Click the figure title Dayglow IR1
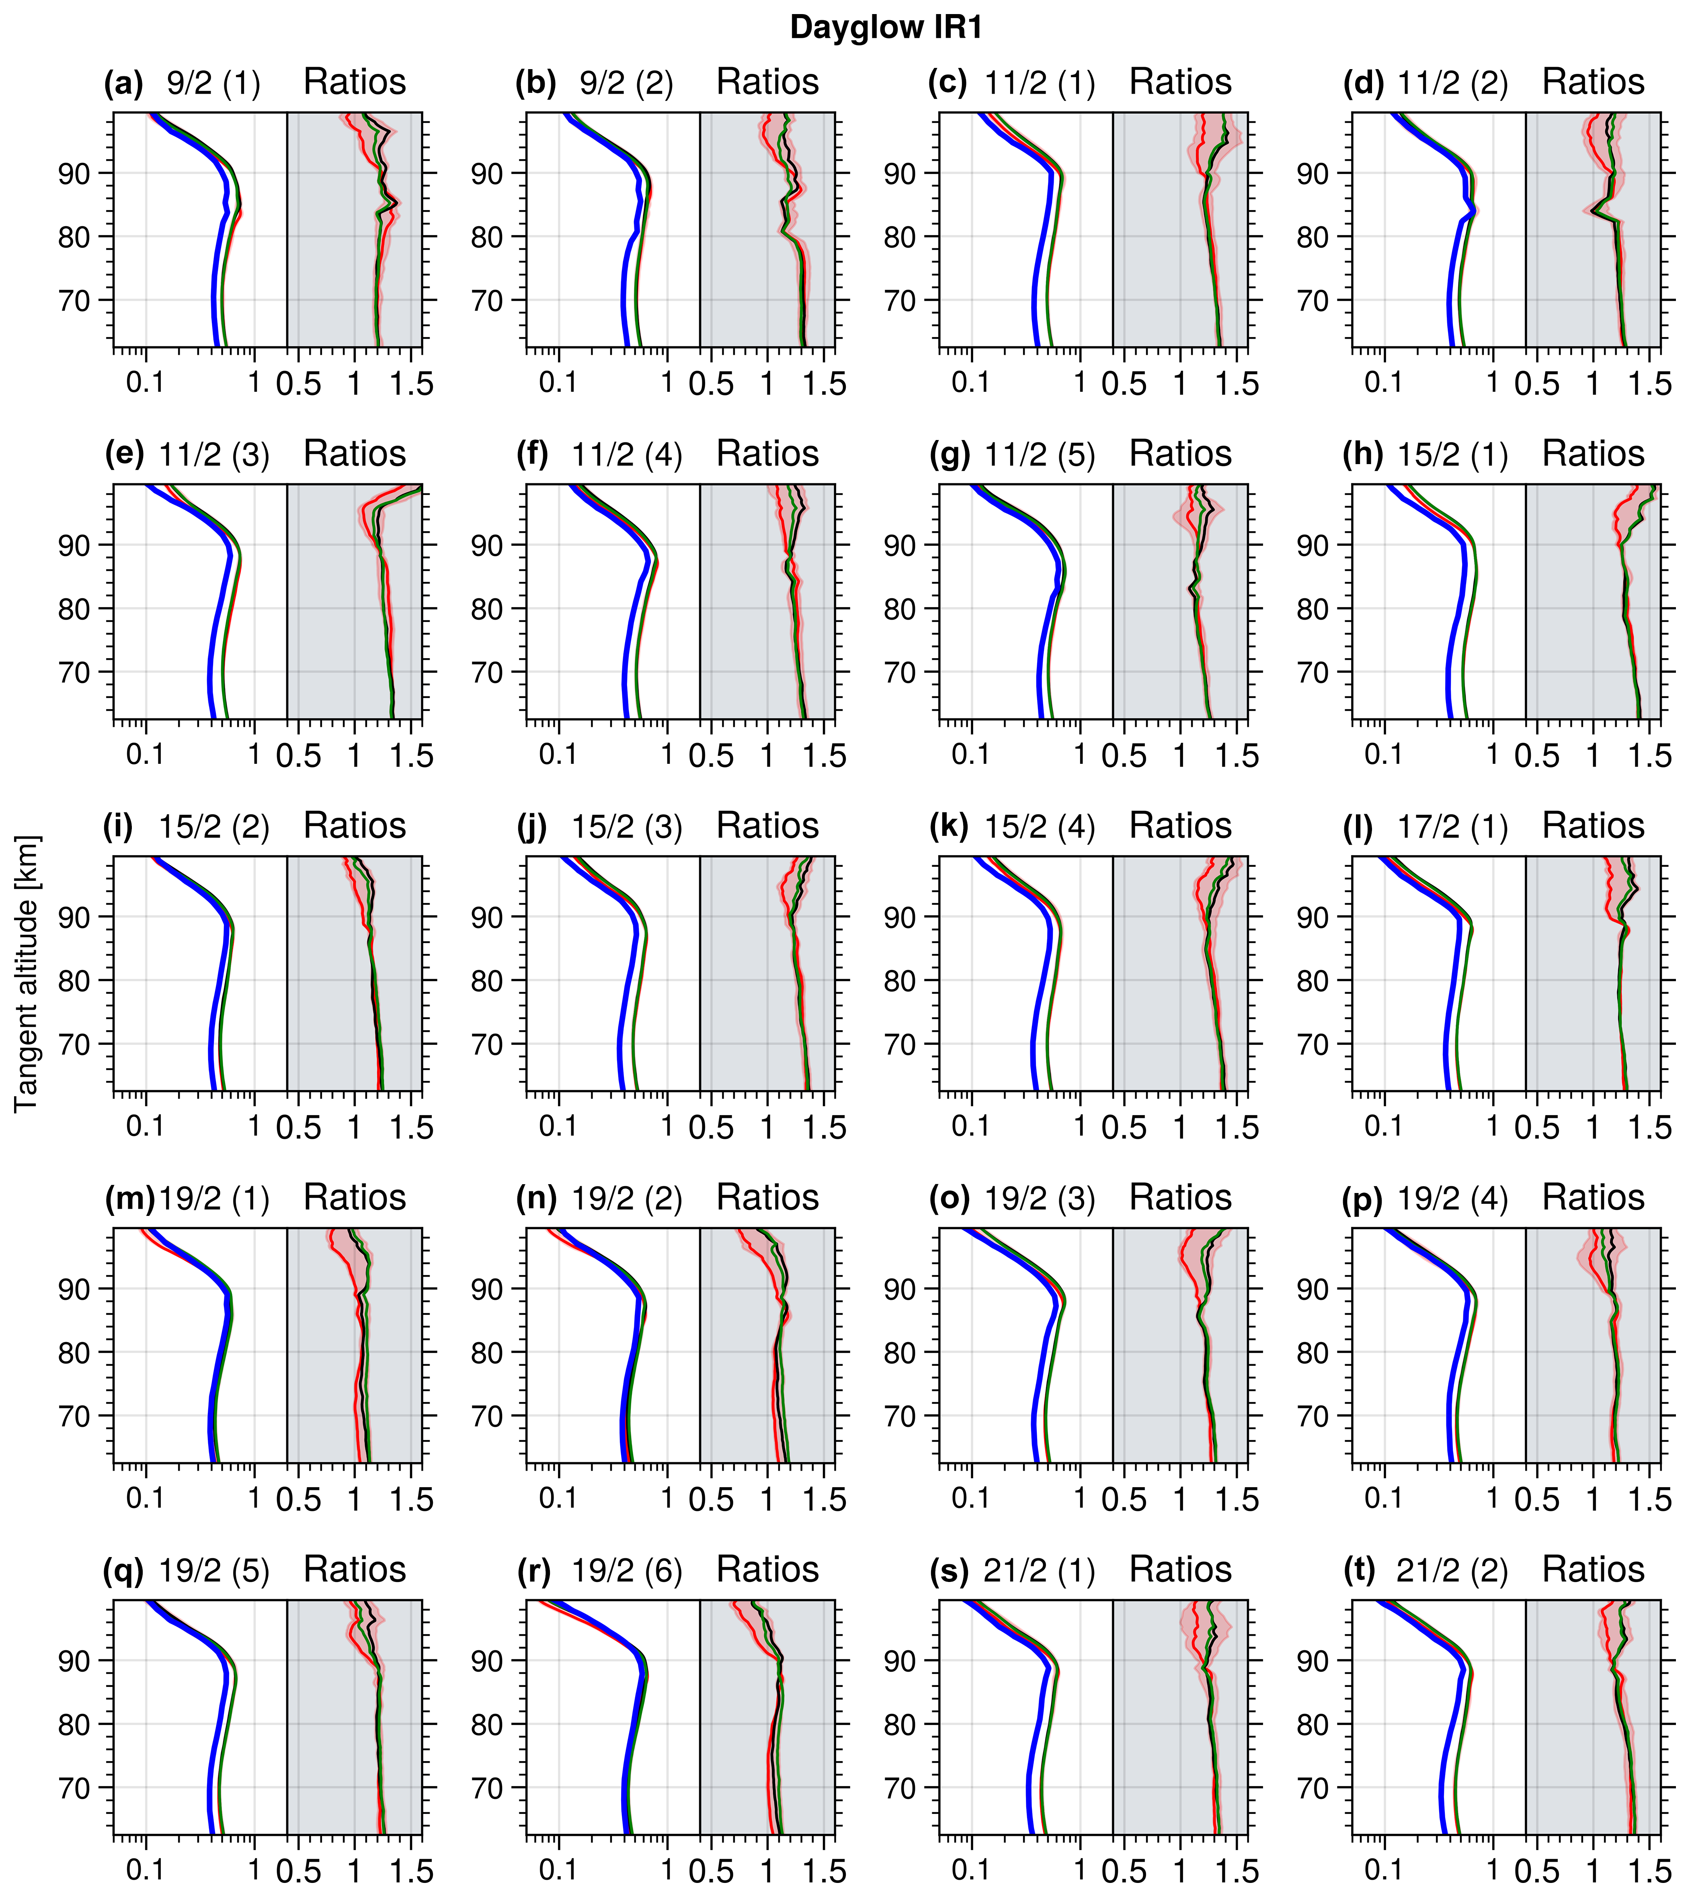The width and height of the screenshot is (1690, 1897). click(x=886, y=28)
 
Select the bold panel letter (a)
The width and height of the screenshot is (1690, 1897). click(x=123, y=84)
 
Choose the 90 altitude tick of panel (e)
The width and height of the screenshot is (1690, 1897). click(x=74, y=546)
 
